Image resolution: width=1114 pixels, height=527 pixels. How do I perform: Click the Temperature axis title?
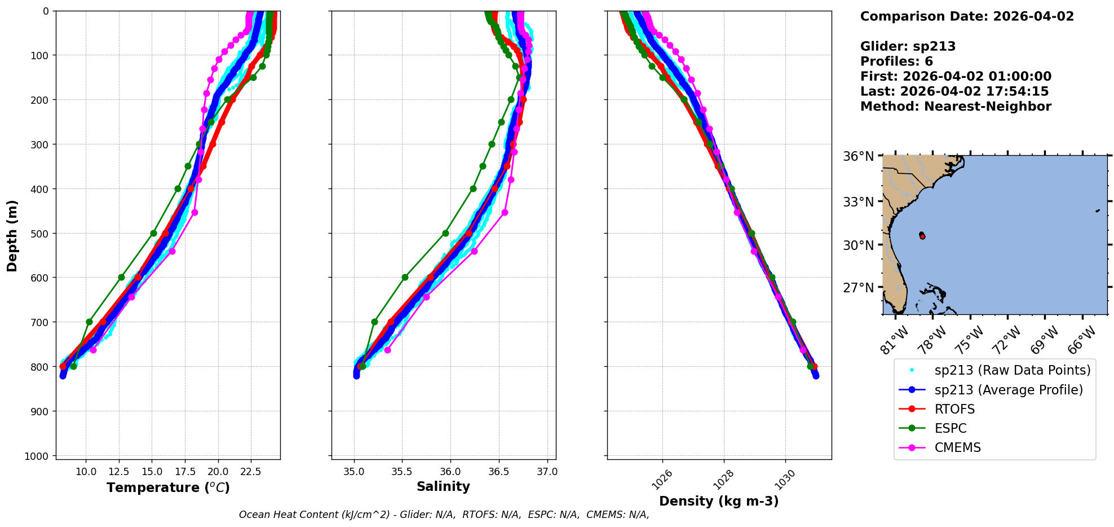[168, 488]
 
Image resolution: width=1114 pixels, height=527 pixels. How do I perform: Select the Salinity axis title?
[443, 487]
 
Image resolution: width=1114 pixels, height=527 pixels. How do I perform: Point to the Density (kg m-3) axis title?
[719, 501]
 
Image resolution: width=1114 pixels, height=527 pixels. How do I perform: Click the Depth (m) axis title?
[12, 235]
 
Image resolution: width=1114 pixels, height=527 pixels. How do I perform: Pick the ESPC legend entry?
[951, 428]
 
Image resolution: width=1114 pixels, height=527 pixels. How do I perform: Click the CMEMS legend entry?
[957, 447]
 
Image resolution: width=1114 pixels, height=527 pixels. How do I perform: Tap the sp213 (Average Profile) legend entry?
[1009, 390]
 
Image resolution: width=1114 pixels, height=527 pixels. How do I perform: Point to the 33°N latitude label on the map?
[858, 201]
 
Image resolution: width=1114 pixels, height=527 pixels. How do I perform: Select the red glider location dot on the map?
[922, 236]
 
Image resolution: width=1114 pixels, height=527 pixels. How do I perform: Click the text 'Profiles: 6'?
[896, 62]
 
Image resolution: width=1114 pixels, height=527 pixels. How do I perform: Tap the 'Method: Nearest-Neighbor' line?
[956, 107]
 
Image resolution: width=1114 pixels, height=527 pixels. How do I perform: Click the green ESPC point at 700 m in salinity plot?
[374, 322]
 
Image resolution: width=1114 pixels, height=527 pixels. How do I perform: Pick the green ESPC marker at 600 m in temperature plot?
[121, 277]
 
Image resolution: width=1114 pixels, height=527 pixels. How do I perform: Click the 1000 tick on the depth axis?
[38, 456]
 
